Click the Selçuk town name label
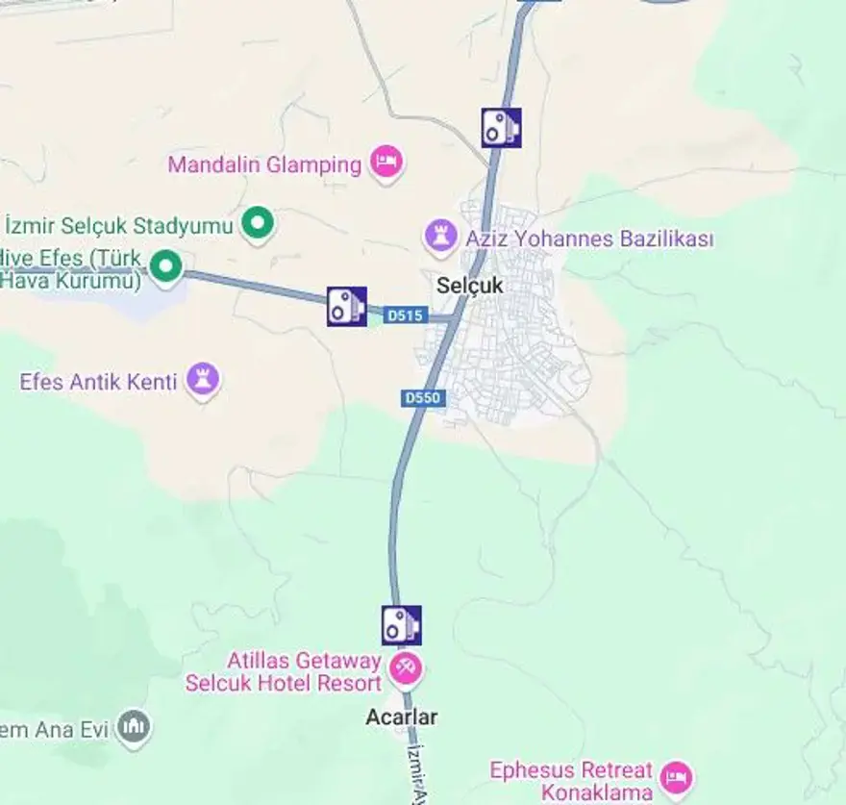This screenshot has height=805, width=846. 469,286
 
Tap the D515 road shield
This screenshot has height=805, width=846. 404,314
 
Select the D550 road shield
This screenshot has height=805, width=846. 423,397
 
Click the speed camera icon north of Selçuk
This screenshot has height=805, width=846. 501,127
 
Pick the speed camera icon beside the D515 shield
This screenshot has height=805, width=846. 346,306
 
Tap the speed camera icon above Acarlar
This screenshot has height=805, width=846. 401,625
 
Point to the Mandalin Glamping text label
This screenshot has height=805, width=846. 264,164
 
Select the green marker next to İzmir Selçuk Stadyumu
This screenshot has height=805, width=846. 257,224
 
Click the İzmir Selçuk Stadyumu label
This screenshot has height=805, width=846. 120,226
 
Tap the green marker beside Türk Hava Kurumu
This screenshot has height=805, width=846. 166,265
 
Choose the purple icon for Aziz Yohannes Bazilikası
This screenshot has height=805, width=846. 441,236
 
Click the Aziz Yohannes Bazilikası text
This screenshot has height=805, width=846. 589,239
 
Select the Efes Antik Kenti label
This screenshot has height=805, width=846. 98,382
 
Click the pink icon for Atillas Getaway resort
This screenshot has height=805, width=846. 406,667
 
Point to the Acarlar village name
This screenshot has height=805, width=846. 401,717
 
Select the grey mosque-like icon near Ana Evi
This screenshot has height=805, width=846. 134,727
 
